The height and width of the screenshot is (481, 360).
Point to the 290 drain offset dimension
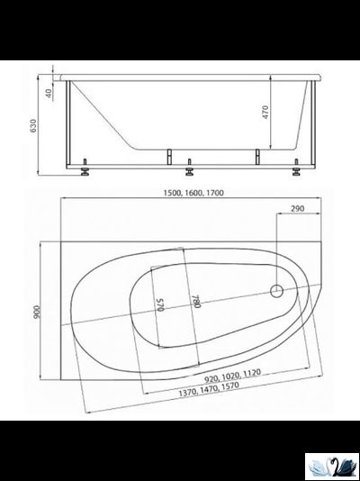[298, 211]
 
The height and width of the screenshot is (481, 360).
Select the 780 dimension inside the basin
[194, 303]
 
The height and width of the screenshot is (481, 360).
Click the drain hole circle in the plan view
[277, 291]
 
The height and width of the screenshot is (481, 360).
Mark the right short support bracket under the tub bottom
[257, 155]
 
